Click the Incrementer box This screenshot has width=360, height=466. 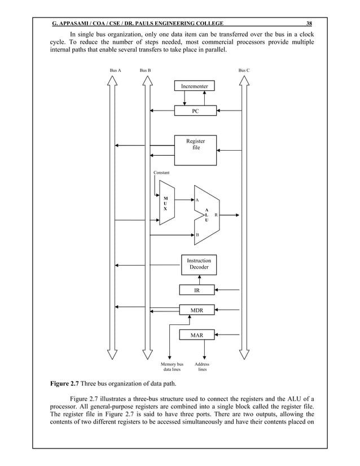click(x=195, y=86)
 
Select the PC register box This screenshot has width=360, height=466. click(x=195, y=111)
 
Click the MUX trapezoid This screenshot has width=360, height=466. click(x=167, y=204)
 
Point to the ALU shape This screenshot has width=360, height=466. click(x=207, y=215)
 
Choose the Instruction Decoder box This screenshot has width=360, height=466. click(x=199, y=264)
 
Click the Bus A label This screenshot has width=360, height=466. click(x=115, y=70)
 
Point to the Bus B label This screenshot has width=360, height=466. click(x=145, y=70)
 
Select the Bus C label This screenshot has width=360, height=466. click(x=244, y=70)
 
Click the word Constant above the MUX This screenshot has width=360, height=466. click(x=161, y=172)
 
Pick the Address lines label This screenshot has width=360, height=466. click(x=201, y=367)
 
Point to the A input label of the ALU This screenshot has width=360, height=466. click(x=197, y=200)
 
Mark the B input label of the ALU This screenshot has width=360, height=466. click(x=197, y=234)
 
